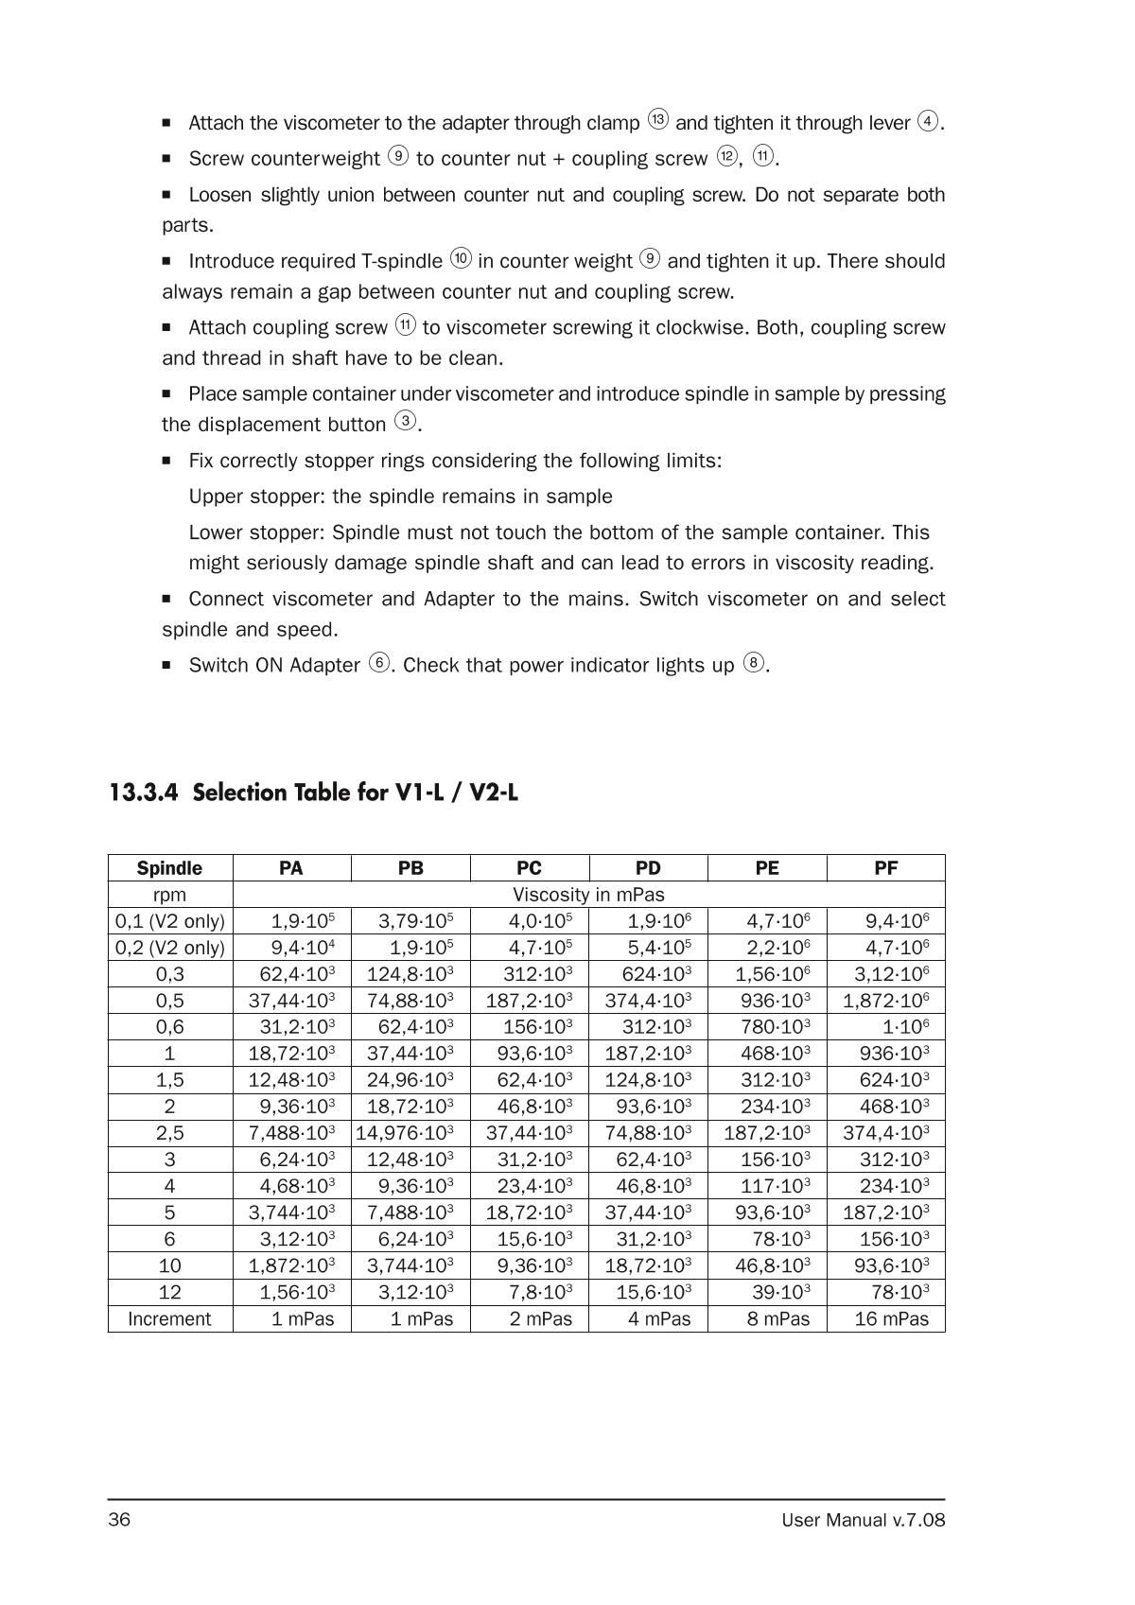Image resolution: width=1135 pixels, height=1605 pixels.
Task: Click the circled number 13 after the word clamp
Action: point(658,120)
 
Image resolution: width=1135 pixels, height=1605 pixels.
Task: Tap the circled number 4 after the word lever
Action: point(929,121)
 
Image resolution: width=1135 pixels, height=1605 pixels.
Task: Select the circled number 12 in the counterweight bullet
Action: point(726,156)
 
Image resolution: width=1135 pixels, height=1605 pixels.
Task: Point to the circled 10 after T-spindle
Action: point(461,258)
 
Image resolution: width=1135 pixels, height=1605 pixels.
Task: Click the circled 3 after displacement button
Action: point(406,422)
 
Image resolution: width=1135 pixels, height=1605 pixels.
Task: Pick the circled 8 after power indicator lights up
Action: point(753,662)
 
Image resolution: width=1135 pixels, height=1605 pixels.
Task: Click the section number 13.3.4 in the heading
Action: point(143,793)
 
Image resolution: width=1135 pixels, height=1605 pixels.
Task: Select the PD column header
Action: point(648,868)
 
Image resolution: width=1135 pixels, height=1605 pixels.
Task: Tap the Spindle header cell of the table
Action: point(169,868)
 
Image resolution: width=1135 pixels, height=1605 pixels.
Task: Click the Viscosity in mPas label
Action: point(588,895)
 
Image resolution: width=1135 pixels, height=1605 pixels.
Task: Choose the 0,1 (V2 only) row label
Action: point(170,921)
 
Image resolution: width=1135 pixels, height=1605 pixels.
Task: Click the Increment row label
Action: point(169,1318)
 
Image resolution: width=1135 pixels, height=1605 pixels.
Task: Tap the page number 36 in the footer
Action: point(119,1520)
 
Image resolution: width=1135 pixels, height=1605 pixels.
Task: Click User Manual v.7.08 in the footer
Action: point(863,1521)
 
